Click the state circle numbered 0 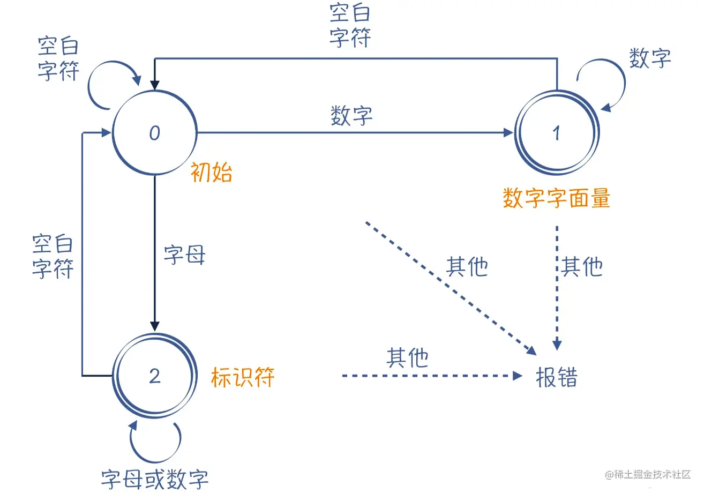pyautogui.click(x=154, y=133)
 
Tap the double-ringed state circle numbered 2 pyautogui.click(x=154, y=376)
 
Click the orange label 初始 pyautogui.click(x=212, y=173)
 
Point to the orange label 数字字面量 pyautogui.click(x=557, y=199)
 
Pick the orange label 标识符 pyautogui.click(x=243, y=377)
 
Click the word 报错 pyautogui.click(x=557, y=377)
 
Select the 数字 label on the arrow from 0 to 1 pyautogui.click(x=351, y=116)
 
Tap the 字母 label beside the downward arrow pyautogui.click(x=184, y=256)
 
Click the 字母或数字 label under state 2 pyautogui.click(x=155, y=479)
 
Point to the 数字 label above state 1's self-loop pyautogui.click(x=650, y=58)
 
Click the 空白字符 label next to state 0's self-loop pyautogui.click(x=58, y=59)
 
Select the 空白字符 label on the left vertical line pyautogui.click(x=53, y=256)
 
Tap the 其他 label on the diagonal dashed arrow pyautogui.click(x=467, y=266)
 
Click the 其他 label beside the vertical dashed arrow pyautogui.click(x=582, y=266)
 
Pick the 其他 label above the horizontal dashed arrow pyautogui.click(x=407, y=357)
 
